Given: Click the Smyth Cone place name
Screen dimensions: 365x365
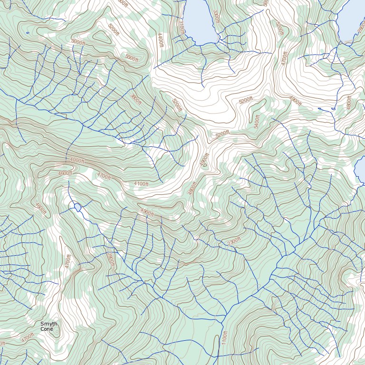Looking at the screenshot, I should coord(48,326).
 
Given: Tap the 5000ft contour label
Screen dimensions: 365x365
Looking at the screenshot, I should coord(78,42).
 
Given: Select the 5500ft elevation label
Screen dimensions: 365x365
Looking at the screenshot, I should coord(131,58).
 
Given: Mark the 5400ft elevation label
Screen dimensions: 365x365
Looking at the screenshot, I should coord(257,122).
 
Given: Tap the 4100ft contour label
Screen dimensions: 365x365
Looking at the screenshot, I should coord(141,183).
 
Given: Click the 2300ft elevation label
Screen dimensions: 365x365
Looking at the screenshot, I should coord(234,241).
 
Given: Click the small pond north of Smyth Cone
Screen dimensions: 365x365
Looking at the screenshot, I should coord(77,207).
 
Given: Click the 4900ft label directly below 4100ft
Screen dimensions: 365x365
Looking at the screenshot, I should coord(147,212).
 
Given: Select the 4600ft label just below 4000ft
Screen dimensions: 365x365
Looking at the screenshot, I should coord(65,173).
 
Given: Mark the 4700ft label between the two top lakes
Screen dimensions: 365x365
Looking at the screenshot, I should coord(284,58).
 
